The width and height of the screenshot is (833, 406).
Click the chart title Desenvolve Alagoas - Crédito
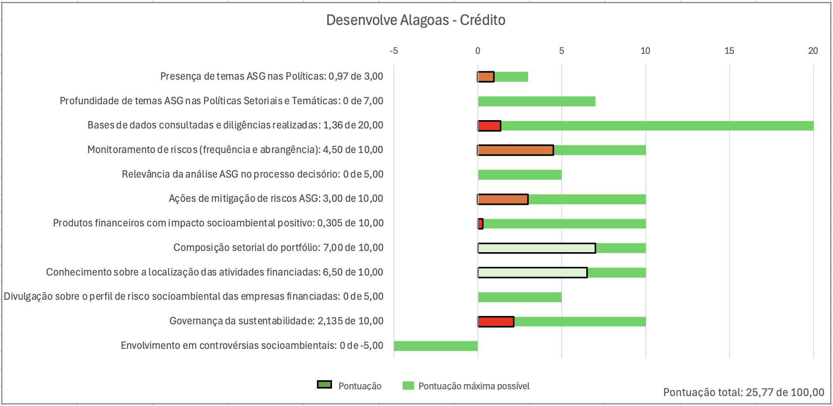(x=416, y=20)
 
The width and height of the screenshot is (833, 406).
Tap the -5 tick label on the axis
(x=393, y=51)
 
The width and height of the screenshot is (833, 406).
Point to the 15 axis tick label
(x=729, y=51)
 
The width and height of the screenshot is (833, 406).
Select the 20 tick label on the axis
(x=813, y=51)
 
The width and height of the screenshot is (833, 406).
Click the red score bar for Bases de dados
(x=489, y=126)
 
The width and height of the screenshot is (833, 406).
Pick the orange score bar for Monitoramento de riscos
(x=516, y=150)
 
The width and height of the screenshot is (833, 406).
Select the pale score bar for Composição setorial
(x=537, y=248)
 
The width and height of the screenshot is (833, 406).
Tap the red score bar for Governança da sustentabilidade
(x=496, y=322)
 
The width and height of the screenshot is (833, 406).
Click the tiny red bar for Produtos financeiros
(x=481, y=224)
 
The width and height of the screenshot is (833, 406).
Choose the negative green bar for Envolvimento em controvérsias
(x=436, y=346)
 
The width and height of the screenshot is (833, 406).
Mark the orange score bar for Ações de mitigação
(x=503, y=199)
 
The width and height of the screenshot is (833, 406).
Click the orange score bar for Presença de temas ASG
(x=486, y=77)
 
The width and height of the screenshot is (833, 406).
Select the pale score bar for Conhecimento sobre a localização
(x=532, y=273)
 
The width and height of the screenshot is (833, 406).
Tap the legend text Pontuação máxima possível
(x=474, y=386)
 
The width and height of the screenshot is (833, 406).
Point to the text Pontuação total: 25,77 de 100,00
(x=744, y=393)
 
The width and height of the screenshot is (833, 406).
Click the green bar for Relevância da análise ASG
(x=520, y=174)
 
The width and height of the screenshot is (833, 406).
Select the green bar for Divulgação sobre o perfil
(x=520, y=297)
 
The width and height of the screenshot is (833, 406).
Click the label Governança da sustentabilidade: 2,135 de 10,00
(x=276, y=321)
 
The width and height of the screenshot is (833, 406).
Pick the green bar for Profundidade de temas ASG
(x=537, y=101)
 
